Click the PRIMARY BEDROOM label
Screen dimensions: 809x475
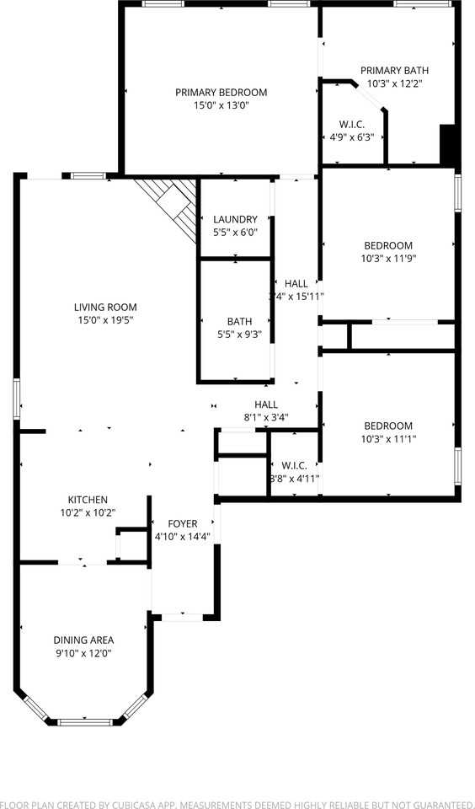(221, 93)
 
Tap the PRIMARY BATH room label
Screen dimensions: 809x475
(394, 71)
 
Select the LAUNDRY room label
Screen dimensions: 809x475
(235, 220)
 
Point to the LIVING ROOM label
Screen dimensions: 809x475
(105, 308)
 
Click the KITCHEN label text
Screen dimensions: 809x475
(88, 500)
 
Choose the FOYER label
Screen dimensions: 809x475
(182, 524)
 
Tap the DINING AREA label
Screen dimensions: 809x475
(83, 640)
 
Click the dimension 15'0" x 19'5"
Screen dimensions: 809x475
(105, 320)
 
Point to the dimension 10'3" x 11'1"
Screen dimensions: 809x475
(388, 438)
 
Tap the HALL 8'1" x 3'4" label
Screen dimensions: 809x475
(266, 410)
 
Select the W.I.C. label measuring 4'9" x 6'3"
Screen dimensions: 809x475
(350, 131)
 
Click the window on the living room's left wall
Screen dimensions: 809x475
(16, 398)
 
